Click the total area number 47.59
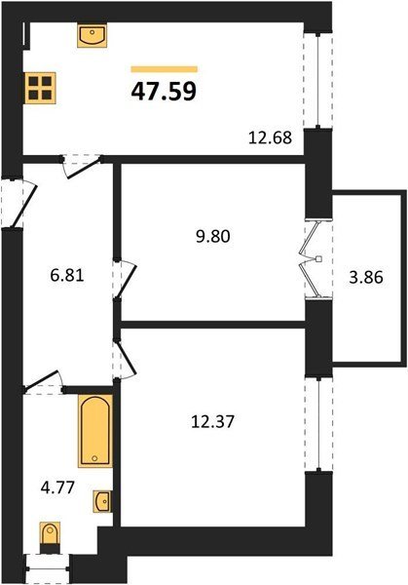point(164,92)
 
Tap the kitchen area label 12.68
point(270,137)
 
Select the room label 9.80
point(213,237)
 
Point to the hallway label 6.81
point(67,276)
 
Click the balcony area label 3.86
point(366,278)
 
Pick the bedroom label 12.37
point(212,422)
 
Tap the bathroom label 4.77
point(57,487)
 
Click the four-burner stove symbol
point(41,88)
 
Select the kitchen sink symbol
point(93,36)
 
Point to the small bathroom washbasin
point(102,501)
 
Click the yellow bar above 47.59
point(164,69)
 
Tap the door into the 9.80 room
point(126,279)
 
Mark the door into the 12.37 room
point(126,359)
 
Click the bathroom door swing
point(44,381)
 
